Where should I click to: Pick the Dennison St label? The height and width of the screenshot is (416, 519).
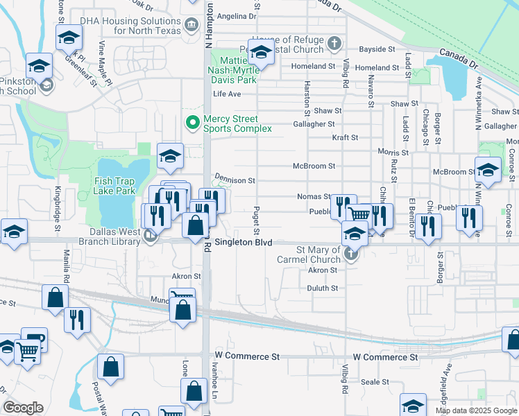pos(235,180)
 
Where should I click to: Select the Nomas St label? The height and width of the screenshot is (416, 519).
pos(314,197)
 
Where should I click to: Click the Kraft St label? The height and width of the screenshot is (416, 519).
pos(345,137)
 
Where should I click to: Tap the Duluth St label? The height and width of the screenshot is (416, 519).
pos(323,288)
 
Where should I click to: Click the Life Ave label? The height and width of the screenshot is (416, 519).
pos(227,94)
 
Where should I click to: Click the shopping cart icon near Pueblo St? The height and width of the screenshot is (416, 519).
pos(359,215)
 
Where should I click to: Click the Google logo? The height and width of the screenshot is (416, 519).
pos(23,408)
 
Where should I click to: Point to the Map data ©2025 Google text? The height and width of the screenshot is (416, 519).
pos(475,410)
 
